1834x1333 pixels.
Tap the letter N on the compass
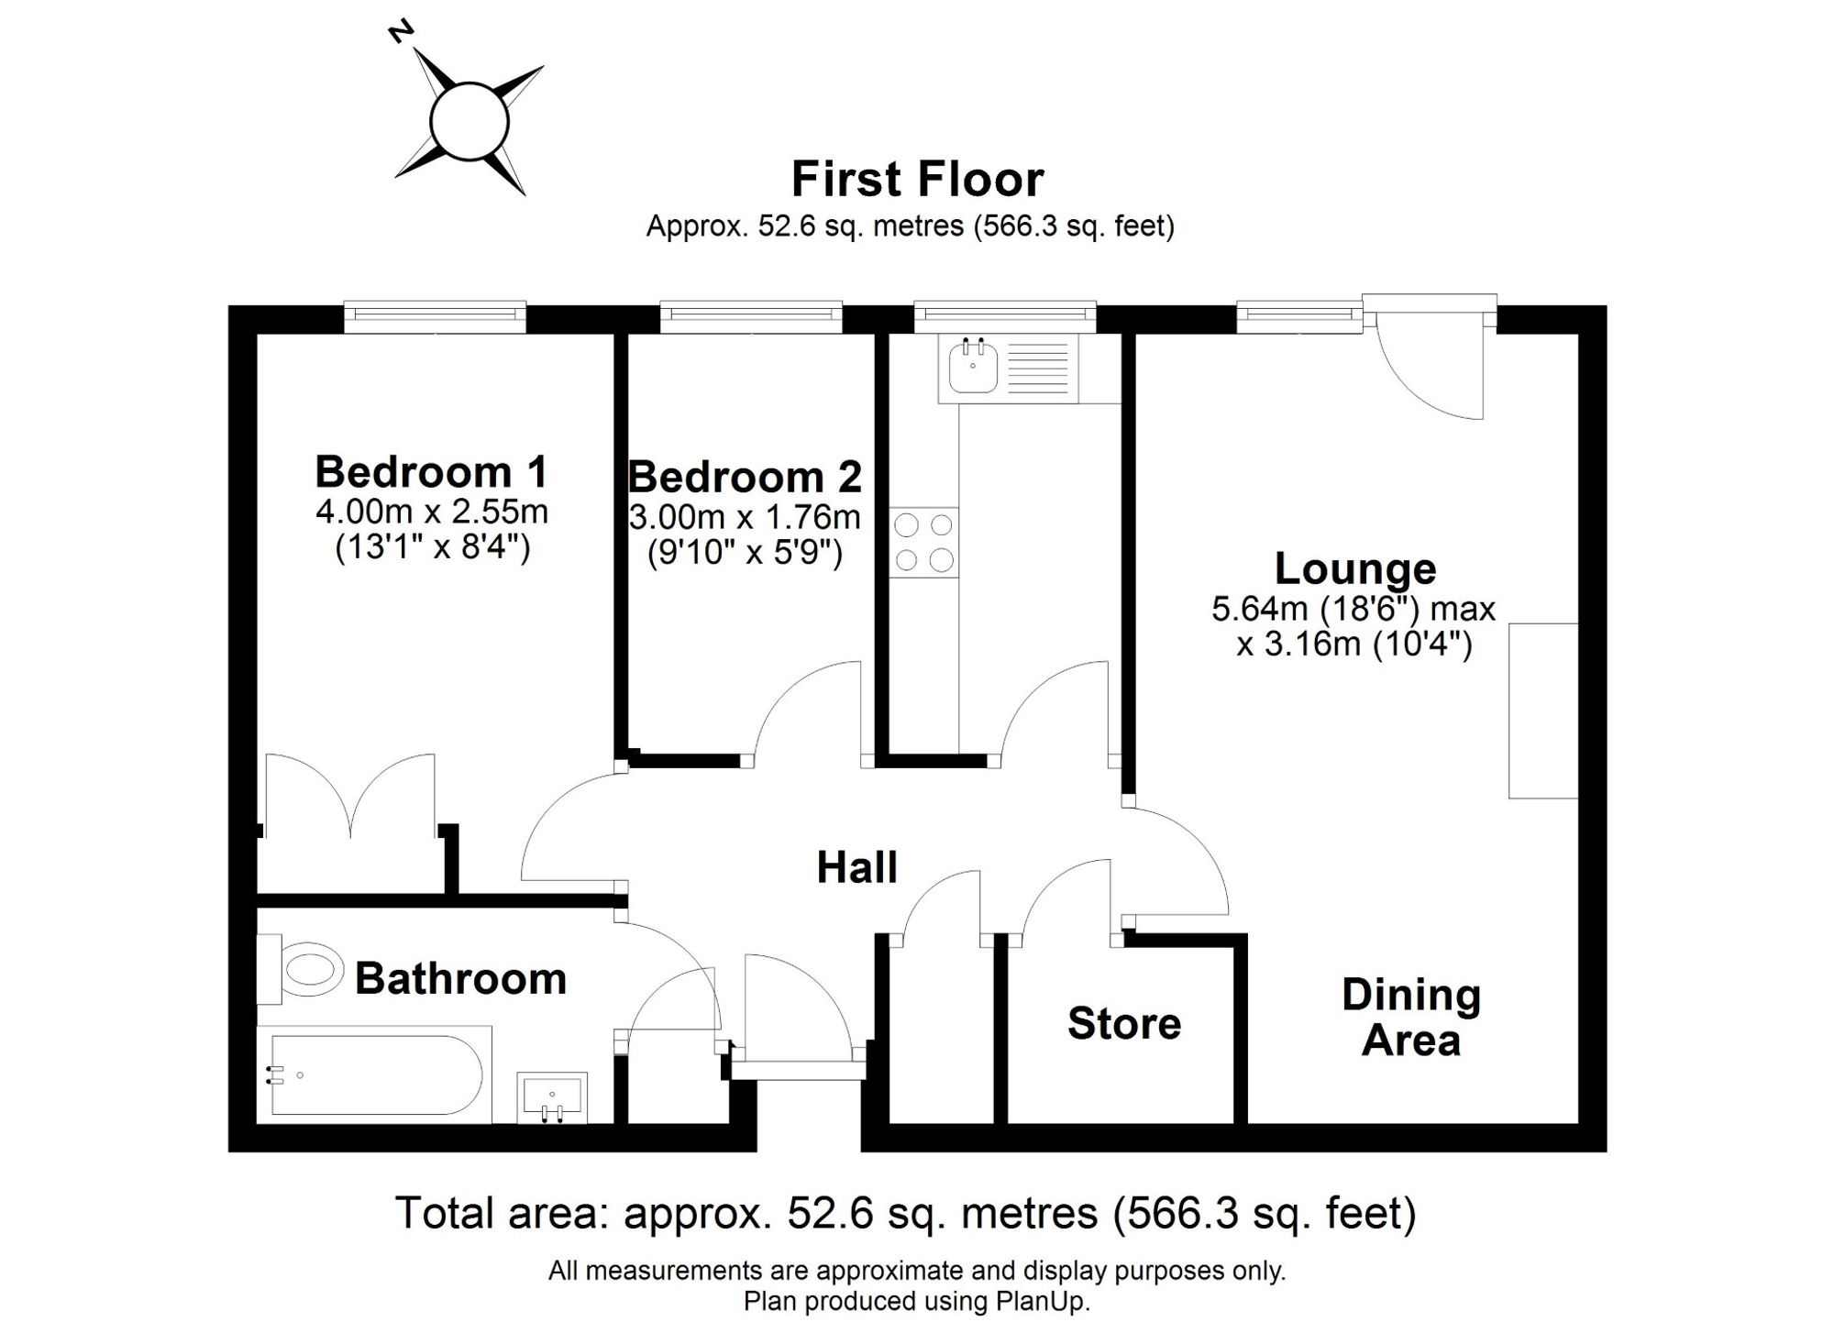401,32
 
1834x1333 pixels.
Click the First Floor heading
917,179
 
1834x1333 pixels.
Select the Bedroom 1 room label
431,471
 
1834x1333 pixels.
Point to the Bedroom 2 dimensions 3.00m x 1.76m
745,517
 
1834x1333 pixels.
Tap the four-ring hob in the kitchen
923,542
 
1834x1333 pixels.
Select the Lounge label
1355,568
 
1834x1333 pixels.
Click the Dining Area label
1411,1018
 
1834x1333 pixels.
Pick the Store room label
1124,1023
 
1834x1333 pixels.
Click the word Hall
856,867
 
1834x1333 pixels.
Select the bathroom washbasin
552,1097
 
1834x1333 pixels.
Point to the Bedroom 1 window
436,316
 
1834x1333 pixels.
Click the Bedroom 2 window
751,316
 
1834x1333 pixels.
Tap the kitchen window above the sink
1005,316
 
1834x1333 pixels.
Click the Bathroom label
460,978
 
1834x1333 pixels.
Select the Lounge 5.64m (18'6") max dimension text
1353,609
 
